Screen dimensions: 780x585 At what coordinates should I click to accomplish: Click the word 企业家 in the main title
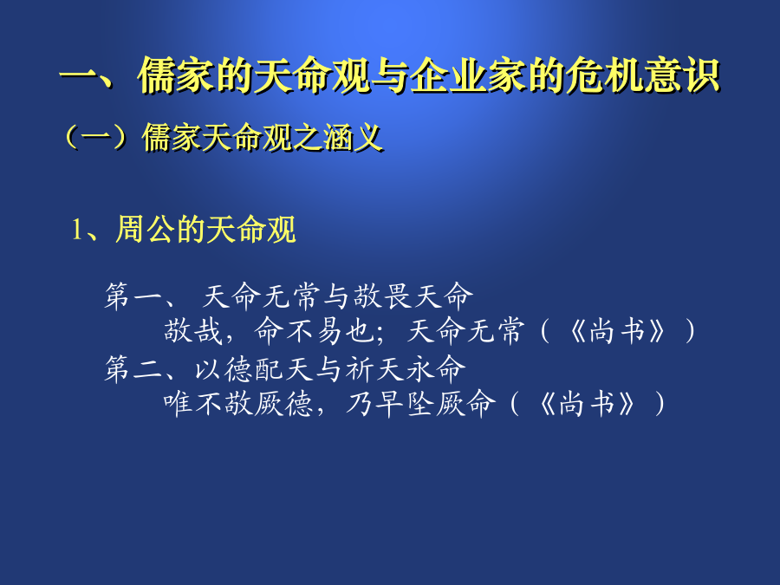(468, 75)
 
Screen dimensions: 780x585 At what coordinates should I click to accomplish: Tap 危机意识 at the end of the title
(644, 75)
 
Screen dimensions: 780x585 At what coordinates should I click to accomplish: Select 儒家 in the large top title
(177, 75)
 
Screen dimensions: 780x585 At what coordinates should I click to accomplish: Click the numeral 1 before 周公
(77, 230)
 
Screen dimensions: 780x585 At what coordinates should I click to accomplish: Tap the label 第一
(132, 296)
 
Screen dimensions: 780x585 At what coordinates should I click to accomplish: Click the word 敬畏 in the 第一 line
(384, 296)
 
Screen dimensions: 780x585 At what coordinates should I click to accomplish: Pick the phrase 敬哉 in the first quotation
(192, 331)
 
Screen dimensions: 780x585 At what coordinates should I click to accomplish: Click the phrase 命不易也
(314, 331)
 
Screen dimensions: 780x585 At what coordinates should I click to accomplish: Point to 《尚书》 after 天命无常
(617, 331)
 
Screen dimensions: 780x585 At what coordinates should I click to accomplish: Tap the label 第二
(132, 369)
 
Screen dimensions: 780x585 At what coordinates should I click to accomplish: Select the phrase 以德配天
(254, 369)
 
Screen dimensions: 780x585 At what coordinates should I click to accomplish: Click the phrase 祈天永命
(406, 369)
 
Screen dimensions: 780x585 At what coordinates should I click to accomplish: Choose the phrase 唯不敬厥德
(238, 403)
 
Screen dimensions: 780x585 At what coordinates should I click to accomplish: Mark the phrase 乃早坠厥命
(421, 403)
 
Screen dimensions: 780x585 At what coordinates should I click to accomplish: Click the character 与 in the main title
(391, 75)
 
